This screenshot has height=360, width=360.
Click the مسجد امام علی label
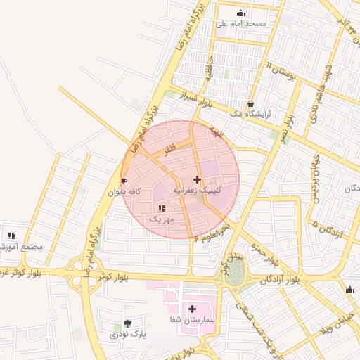[240, 24]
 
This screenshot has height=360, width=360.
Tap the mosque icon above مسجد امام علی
[241, 13]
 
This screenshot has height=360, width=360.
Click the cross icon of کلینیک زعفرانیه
[197, 179]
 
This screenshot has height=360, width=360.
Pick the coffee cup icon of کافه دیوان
[124, 181]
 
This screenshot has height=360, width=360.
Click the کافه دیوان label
[125, 191]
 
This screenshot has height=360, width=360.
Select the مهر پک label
[161, 219]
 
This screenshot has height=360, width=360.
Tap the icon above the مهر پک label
[162, 208]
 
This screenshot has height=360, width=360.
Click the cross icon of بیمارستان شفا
[191, 309]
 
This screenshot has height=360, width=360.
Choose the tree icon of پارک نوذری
[127, 323]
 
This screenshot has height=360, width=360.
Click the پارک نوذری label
[127, 335]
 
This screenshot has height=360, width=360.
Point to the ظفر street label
[169, 150]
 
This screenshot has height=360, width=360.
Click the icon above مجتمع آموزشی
[11, 236]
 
